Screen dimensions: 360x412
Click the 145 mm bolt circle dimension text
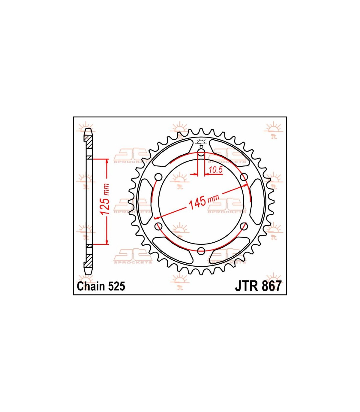[203, 202]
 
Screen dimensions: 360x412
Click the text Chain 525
[101, 286]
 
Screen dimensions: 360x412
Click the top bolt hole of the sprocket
[201, 153]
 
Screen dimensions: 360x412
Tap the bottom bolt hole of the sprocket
[201, 251]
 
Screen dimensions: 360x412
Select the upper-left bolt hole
[158, 177]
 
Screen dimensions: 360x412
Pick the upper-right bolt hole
[244, 177]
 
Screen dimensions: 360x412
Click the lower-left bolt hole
[158, 226]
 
